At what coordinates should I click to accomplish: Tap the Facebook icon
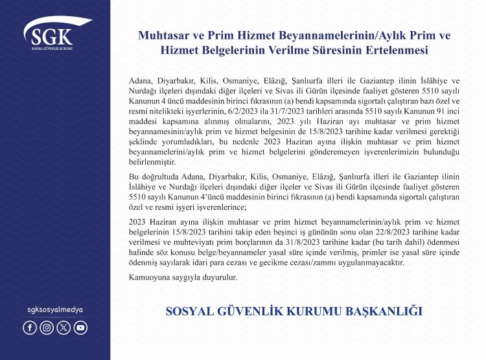(30, 328)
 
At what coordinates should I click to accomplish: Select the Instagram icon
(47, 328)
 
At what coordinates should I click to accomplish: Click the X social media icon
(64, 328)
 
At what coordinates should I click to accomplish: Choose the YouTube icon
(80, 328)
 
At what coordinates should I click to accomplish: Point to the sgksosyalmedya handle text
(55, 309)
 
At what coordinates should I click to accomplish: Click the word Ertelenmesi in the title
(397, 50)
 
